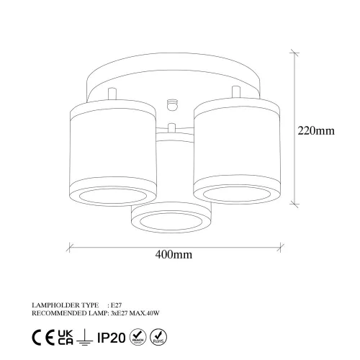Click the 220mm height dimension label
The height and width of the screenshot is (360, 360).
pyautogui.click(x=317, y=131)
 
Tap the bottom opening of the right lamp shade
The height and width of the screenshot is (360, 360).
pyautogui.click(x=232, y=192)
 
